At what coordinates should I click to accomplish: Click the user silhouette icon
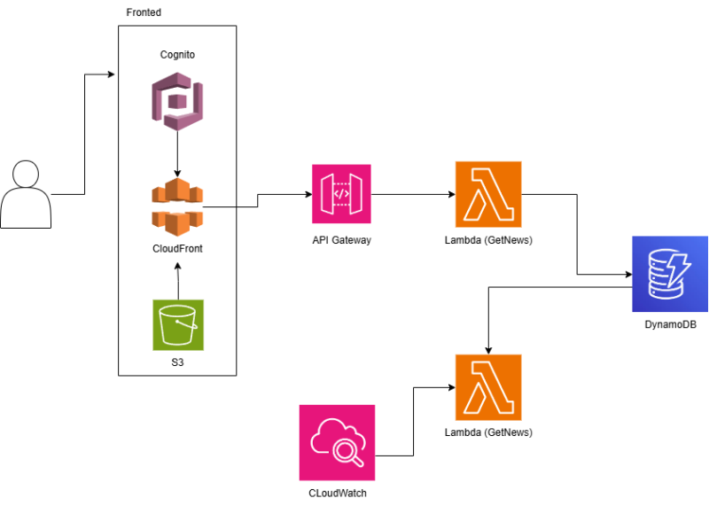pyautogui.click(x=26, y=194)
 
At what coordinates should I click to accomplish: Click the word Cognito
pyautogui.click(x=177, y=55)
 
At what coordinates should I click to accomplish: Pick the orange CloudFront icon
pyautogui.click(x=177, y=206)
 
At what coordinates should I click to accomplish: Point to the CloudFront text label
pyautogui.click(x=177, y=249)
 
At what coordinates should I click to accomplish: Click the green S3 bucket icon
pyautogui.click(x=177, y=325)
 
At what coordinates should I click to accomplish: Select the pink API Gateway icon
pyautogui.click(x=341, y=194)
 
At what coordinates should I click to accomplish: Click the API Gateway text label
pyautogui.click(x=341, y=240)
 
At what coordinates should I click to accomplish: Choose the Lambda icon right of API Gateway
pyautogui.click(x=488, y=195)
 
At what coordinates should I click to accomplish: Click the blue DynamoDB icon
pyautogui.click(x=670, y=274)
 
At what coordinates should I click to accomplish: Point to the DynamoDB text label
pyautogui.click(x=670, y=326)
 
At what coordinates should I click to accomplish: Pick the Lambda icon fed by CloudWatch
pyautogui.click(x=488, y=387)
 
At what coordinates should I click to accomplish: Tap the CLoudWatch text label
pyautogui.click(x=337, y=493)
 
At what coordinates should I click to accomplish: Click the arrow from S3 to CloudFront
pyautogui.click(x=178, y=284)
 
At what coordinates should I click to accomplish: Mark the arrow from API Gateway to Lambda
pyautogui.click(x=412, y=195)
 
